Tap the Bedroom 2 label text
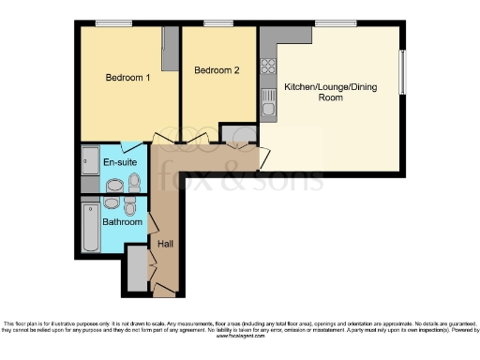coord(217,70)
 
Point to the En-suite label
coord(119,162)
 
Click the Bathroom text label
coord(123,222)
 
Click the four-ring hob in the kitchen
coord(268,67)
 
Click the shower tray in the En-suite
coord(89,161)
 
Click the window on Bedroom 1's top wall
coord(112,22)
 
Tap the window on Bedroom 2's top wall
coord(219,22)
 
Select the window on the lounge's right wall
coord(403,70)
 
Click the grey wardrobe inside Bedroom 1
coord(170,47)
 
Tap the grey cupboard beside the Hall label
coord(135,268)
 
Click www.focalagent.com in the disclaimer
coord(238,337)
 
